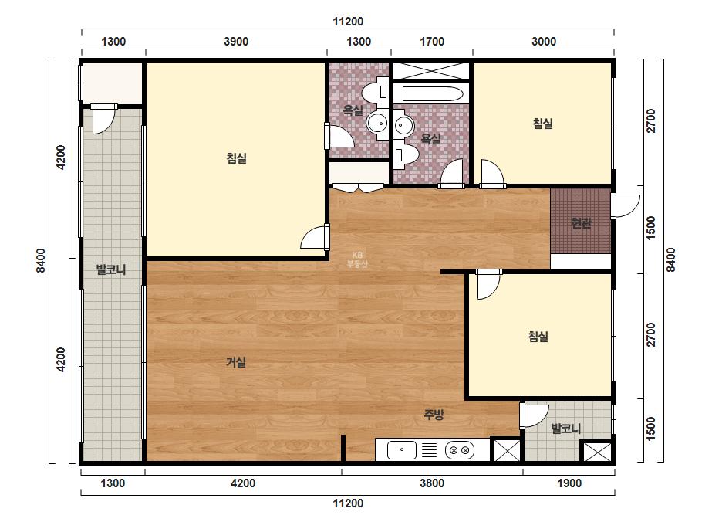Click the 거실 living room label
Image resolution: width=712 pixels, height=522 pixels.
pos(236,362)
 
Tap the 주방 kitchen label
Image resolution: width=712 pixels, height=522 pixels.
pos(434,414)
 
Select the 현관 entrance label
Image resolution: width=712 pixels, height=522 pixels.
pos(581,223)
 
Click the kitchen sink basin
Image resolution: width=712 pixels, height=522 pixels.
pos(402,450)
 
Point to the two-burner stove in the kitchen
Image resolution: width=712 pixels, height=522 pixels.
pos(460,450)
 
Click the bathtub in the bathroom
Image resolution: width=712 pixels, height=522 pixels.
pos(433,94)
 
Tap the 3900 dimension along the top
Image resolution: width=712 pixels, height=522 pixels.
pos(236,42)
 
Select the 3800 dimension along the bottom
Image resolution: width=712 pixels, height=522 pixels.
pos(432,483)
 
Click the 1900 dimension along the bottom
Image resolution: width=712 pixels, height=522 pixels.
pos(569,483)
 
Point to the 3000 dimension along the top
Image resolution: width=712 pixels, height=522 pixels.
pos(544,42)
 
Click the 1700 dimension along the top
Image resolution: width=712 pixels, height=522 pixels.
pos(432,42)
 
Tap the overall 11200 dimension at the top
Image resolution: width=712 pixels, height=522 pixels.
pos(348,22)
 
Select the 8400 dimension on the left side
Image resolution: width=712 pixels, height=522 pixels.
pos(41,260)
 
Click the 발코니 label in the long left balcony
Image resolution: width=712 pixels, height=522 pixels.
pos(111,269)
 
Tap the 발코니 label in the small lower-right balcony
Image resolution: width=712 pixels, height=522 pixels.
pos(565,429)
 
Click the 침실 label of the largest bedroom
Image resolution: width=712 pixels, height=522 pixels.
pos(237,158)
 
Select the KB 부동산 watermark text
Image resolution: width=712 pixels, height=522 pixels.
pos(357,259)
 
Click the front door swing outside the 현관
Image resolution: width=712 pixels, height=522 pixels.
pos(626,205)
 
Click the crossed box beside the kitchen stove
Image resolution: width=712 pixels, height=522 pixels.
pos(506,450)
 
